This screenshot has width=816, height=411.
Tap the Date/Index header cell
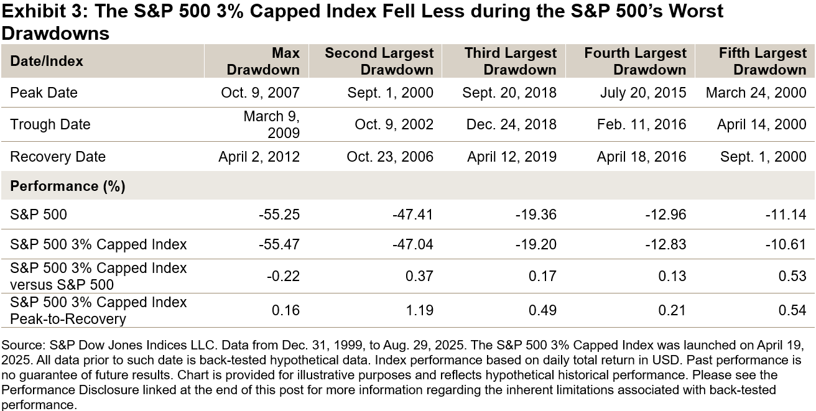[x=47, y=61]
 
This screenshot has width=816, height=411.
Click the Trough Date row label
[x=50, y=124]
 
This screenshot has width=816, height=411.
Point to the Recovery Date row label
[x=58, y=157]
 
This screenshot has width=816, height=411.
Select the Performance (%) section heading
[x=68, y=187]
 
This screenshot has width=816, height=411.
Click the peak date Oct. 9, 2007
[x=260, y=93]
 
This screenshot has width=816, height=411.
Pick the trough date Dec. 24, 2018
[x=511, y=124]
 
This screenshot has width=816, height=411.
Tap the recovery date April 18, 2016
[x=641, y=157]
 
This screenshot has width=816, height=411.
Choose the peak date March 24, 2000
[x=756, y=93]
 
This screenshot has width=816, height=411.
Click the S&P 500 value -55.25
[x=280, y=215]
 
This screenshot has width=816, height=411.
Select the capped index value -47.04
[x=413, y=244]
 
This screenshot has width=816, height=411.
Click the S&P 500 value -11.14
[x=786, y=215]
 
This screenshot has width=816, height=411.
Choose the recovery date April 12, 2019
[x=511, y=157]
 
